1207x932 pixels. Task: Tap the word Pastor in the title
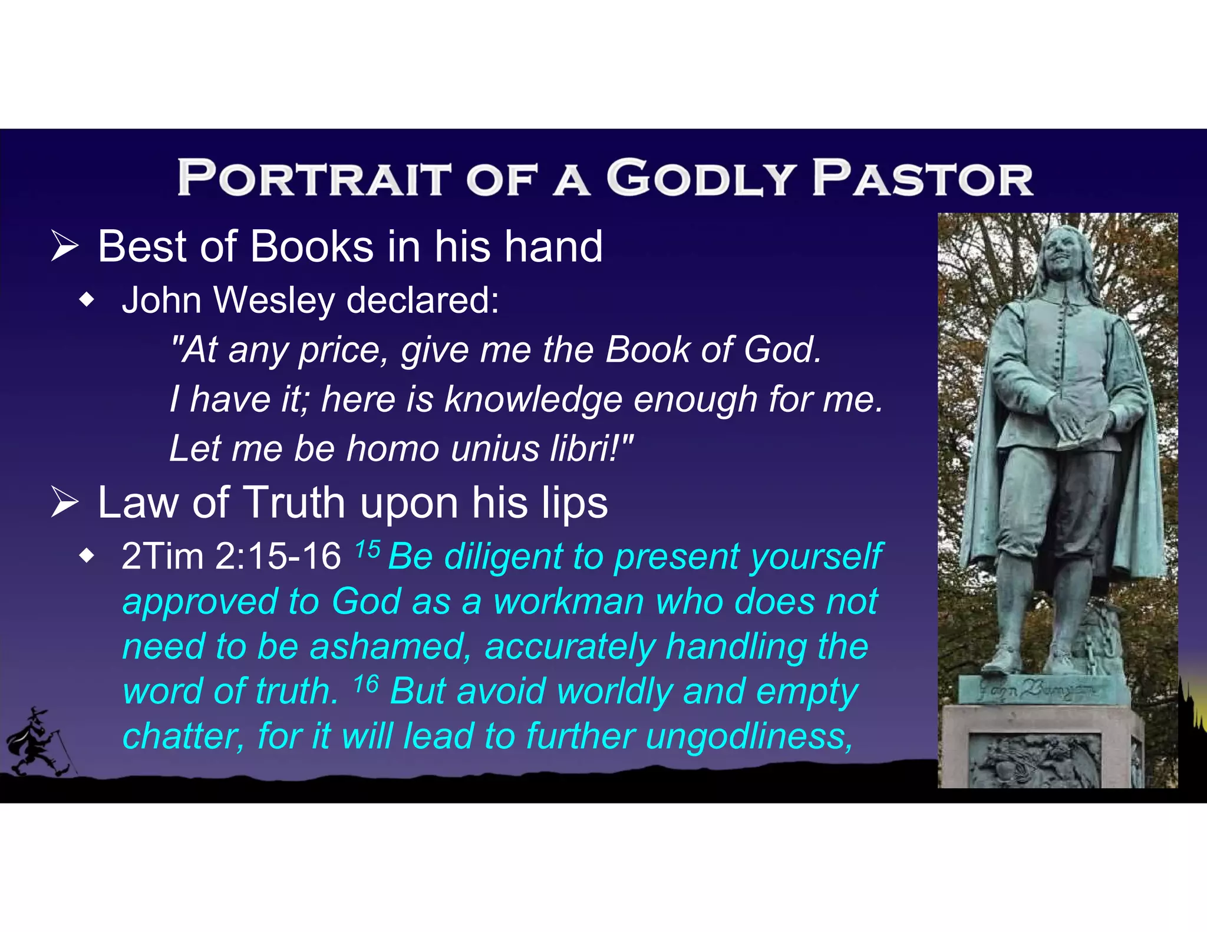click(x=922, y=178)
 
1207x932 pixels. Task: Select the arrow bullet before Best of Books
click(x=64, y=246)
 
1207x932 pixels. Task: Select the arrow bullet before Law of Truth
click(x=64, y=503)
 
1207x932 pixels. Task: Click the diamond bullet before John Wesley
click(x=87, y=301)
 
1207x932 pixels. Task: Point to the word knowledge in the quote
click(x=533, y=399)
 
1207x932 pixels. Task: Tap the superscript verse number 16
click(x=366, y=684)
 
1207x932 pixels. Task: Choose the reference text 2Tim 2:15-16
click(x=231, y=556)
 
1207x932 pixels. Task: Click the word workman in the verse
click(x=569, y=601)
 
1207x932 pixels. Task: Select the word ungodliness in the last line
click(x=748, y=736)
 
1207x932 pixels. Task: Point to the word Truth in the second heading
click(x=294, y=503)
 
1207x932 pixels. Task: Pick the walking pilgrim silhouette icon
click(x=38, y=742)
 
